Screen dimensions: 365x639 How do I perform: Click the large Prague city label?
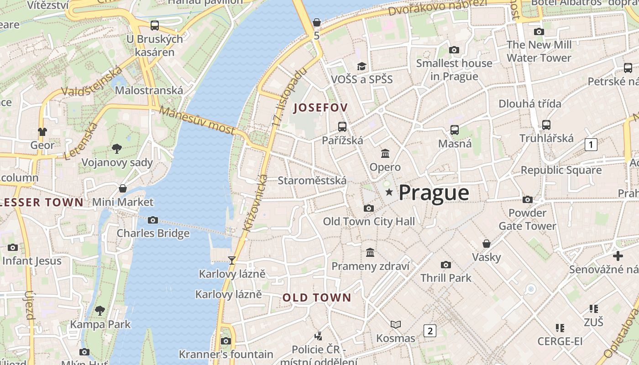(434, 193)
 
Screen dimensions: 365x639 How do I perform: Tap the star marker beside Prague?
(389, 193)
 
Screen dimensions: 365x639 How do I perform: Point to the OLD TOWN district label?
(317, 298)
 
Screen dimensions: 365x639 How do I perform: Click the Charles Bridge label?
(153, 233)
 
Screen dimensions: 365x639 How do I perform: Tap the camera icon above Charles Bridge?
(153, 220)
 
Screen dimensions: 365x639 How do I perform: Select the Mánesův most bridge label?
(197, 121)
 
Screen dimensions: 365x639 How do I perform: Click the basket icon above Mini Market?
(122, 188)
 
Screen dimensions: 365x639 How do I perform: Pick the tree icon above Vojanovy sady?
(117, 148)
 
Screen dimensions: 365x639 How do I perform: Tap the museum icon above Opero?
(385, 153)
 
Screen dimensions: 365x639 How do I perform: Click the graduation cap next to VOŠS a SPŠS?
(361, 66)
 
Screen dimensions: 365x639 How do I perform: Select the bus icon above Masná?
(455, 130)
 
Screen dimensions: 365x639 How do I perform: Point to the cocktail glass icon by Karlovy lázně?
(232, 261)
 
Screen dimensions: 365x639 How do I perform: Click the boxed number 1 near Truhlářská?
(591, 145)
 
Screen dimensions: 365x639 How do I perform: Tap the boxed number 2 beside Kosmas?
(429, 330)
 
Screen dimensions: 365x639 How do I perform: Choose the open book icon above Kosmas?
(396, 324)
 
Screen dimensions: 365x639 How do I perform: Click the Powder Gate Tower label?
(527, 219)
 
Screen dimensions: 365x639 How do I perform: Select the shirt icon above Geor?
(42, 132)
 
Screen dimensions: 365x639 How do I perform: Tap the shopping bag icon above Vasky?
(487, 244)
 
